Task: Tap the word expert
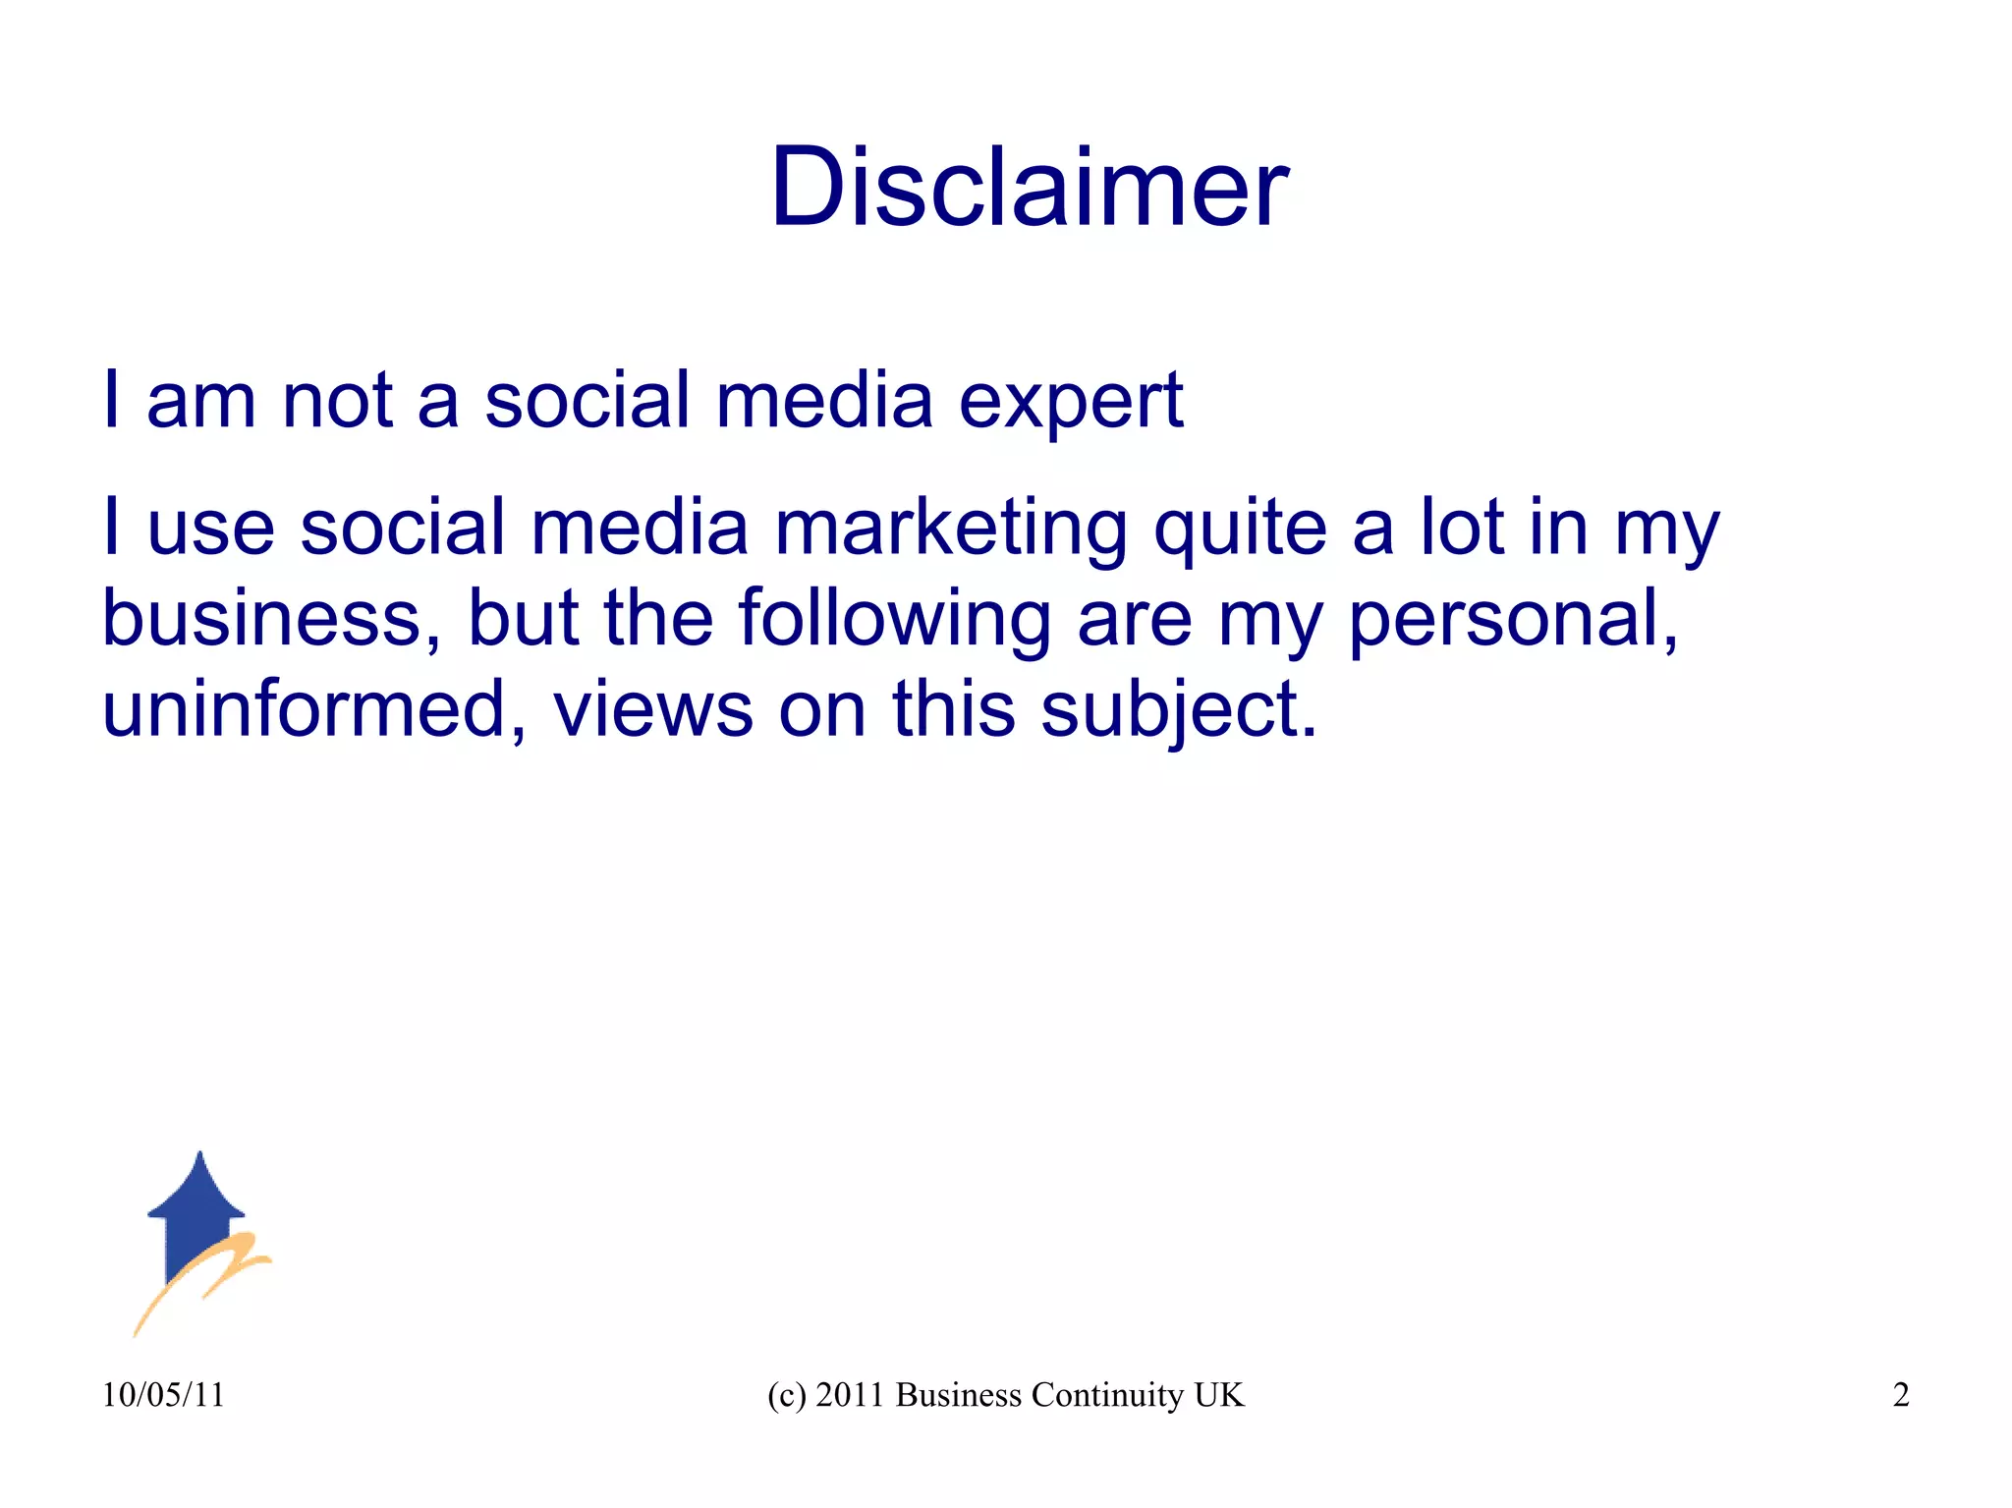pos(1071,403)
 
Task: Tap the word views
pos(652,710)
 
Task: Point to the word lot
pos(1462,528)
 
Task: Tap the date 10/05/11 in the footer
pos(163,1395)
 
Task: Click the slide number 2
pos(1901,1395)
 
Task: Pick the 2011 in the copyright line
pos(850,1395)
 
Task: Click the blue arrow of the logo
pos(196,1213)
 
